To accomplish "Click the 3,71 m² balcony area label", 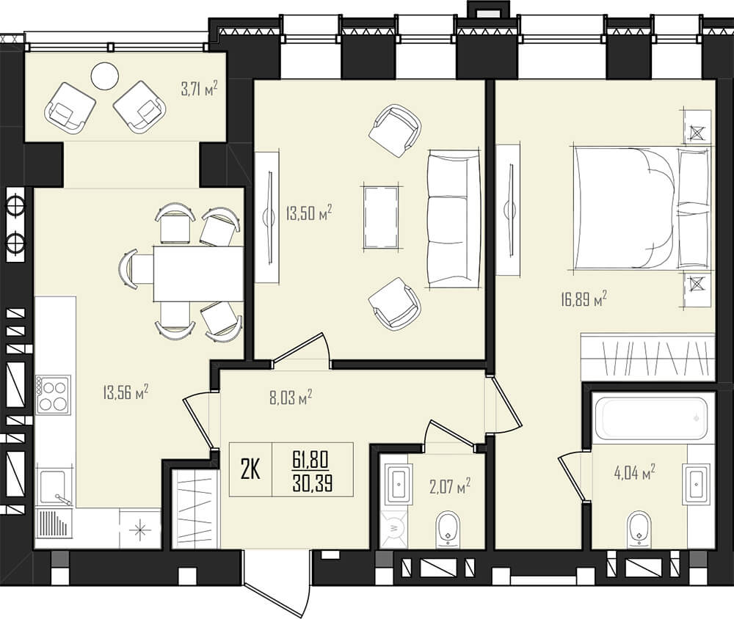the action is click(200, 89).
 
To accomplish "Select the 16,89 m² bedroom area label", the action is click(584, 298).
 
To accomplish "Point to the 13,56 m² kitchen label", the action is click(126, 392).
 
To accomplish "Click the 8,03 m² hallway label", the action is click(291, 398).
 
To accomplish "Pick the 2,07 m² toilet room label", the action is click(450, 486).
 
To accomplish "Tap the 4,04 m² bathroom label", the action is click(634, 472).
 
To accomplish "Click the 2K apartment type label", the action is click(250, 469).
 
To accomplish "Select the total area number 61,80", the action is click(310, 459).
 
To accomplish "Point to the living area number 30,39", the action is click(312, 483).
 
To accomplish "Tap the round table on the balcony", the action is click(105, 76).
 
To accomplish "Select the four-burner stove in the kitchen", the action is click(54, 395).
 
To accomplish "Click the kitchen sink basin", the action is click(54, 487).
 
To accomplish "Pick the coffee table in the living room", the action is click(382, 217).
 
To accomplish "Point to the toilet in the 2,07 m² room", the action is click(448, 530).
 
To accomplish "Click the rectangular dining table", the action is click(198, 274).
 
